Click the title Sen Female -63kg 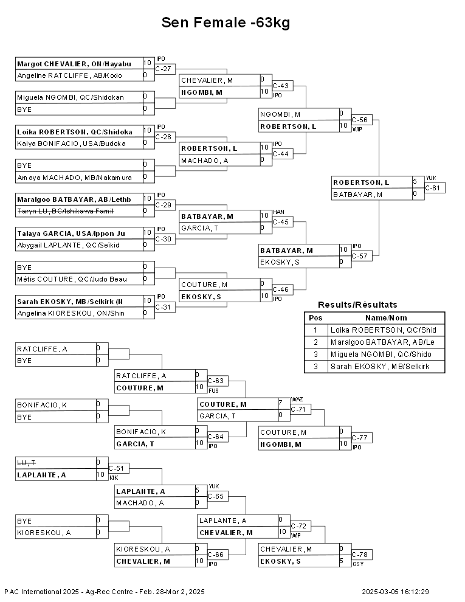226,22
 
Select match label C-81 432,188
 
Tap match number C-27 163,69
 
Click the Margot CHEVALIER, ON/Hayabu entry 74,64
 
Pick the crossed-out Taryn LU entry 66,211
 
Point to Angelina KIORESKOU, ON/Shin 71,313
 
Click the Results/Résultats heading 357,305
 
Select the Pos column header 315,318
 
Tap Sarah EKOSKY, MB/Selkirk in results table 381,366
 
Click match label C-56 359,120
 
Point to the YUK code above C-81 431,178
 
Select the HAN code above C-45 278,212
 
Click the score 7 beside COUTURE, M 280,403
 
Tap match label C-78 359,555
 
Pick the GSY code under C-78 358,564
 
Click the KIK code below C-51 114,478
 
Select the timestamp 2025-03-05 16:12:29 395,592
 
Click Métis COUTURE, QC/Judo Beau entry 72,279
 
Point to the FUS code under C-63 214,391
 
